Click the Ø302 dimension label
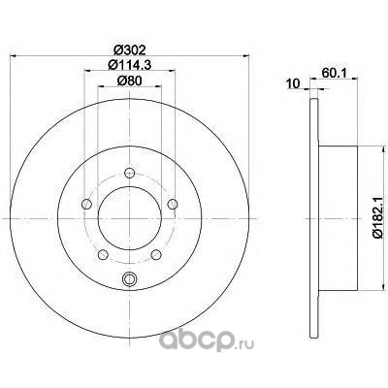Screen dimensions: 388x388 click(130, 49)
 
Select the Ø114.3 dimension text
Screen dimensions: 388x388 click(130, 65)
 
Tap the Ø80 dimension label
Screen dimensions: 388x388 click(129, 81)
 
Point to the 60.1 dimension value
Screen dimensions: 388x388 click(335, 73)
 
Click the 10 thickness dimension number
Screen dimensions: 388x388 click(294, 83)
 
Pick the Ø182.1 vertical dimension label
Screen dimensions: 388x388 click(378, 218)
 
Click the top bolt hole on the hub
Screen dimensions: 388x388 click(130, 174)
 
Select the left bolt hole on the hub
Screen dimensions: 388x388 click(86, 204)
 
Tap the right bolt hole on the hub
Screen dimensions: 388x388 click(173, 204)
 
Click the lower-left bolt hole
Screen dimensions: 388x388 click(103, 254)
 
